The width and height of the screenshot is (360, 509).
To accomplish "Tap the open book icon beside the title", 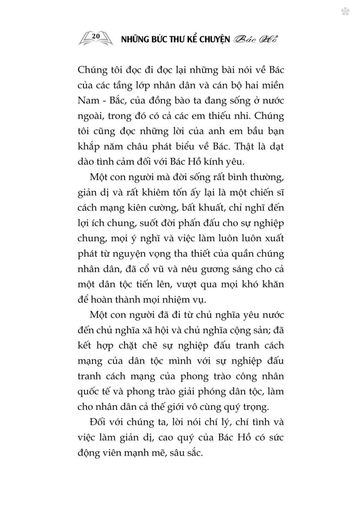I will pyautogui.click(x=96, y=38).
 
